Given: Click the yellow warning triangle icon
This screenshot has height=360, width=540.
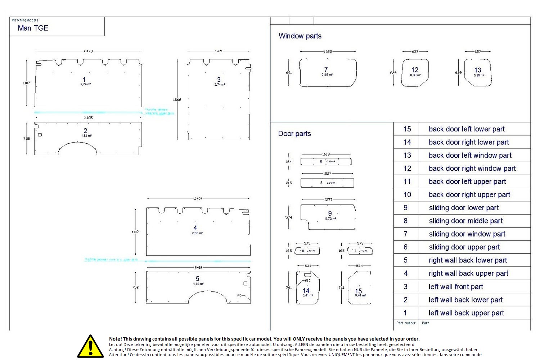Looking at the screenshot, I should pos(90,347).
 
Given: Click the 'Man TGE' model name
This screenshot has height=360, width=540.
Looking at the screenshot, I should pos(33,28).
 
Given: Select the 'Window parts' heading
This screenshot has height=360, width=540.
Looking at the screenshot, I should pos(300,36).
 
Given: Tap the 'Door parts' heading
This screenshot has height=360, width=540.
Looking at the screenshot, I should pos(294,134).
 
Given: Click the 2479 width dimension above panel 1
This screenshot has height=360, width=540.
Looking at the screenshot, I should pos(88,51).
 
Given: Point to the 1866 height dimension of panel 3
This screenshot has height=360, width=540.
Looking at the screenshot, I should pos(177,100).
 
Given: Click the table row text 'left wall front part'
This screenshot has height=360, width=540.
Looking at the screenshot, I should pos(456,287).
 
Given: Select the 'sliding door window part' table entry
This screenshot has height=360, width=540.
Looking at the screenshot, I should pos(467,234).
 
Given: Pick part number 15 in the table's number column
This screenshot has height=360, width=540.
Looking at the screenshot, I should pos(407,129).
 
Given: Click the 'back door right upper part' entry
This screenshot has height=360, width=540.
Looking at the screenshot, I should pos(469,195).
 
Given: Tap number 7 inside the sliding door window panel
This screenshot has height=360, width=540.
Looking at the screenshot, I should pos(326,69).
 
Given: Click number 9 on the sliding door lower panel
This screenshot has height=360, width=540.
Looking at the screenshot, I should pos(330,213).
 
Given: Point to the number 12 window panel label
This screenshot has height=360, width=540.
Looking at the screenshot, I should pos(415,70).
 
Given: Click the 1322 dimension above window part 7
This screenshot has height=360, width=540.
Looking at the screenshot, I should pos(328,51).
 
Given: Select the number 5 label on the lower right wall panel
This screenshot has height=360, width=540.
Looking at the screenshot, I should pos(198,279).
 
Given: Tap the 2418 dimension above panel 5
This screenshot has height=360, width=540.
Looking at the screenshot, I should pos(198,267).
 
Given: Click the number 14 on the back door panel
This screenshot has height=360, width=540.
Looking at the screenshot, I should pos(306,291).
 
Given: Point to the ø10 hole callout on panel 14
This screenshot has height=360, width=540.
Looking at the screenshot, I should pos(307,280).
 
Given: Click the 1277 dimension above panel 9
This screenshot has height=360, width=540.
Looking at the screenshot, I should pos(328,199).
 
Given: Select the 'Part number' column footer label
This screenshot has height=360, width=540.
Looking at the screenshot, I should pos(406,323).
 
